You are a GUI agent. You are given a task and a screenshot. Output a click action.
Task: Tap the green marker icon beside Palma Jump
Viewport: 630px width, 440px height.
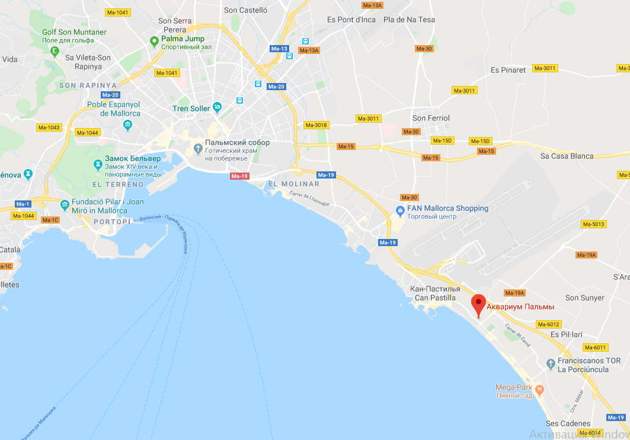click(x=154, y=41)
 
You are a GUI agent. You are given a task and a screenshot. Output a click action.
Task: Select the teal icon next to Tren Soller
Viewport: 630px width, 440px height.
click(x=218, y=107)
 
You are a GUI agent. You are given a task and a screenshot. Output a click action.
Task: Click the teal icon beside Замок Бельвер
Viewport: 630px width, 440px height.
click(x=98, y=164)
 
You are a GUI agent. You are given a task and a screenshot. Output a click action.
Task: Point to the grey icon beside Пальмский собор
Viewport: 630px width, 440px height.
click(x=198, y=147)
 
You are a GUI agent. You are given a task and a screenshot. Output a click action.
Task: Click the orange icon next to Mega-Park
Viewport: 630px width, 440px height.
click(x=539, y=390)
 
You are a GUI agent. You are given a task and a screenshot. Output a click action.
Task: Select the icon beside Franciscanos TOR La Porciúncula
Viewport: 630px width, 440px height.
click(x=551, y=362)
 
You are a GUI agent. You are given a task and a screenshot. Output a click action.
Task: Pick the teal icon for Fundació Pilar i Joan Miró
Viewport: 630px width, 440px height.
click(x=65, y=205)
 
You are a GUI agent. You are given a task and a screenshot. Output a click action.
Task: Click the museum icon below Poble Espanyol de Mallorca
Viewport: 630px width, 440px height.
click(x=127, y=125)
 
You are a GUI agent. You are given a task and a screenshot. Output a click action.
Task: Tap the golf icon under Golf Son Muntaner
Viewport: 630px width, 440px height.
click(x=55, y=52)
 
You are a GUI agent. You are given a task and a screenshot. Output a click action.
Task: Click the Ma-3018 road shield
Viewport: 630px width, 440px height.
click(x=316, y=125)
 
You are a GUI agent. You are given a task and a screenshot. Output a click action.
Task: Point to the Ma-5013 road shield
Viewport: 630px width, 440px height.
click(x=594, y=224)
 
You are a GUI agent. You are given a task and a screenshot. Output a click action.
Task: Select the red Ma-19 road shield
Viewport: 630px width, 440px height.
click(x=240, y=176)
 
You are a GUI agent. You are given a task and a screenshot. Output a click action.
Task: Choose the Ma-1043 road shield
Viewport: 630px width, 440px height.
click(x=49, y=127)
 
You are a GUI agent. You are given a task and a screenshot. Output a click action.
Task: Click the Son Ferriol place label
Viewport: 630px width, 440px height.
click(x=431, y=118)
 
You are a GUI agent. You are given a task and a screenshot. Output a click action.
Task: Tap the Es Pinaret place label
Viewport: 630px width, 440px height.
click(x=508, y=70)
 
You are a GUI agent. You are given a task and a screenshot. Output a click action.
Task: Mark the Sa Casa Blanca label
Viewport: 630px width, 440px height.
click(x=567, y=156)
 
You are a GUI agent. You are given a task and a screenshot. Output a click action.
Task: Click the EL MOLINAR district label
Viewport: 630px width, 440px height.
click(x=294, y=184)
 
